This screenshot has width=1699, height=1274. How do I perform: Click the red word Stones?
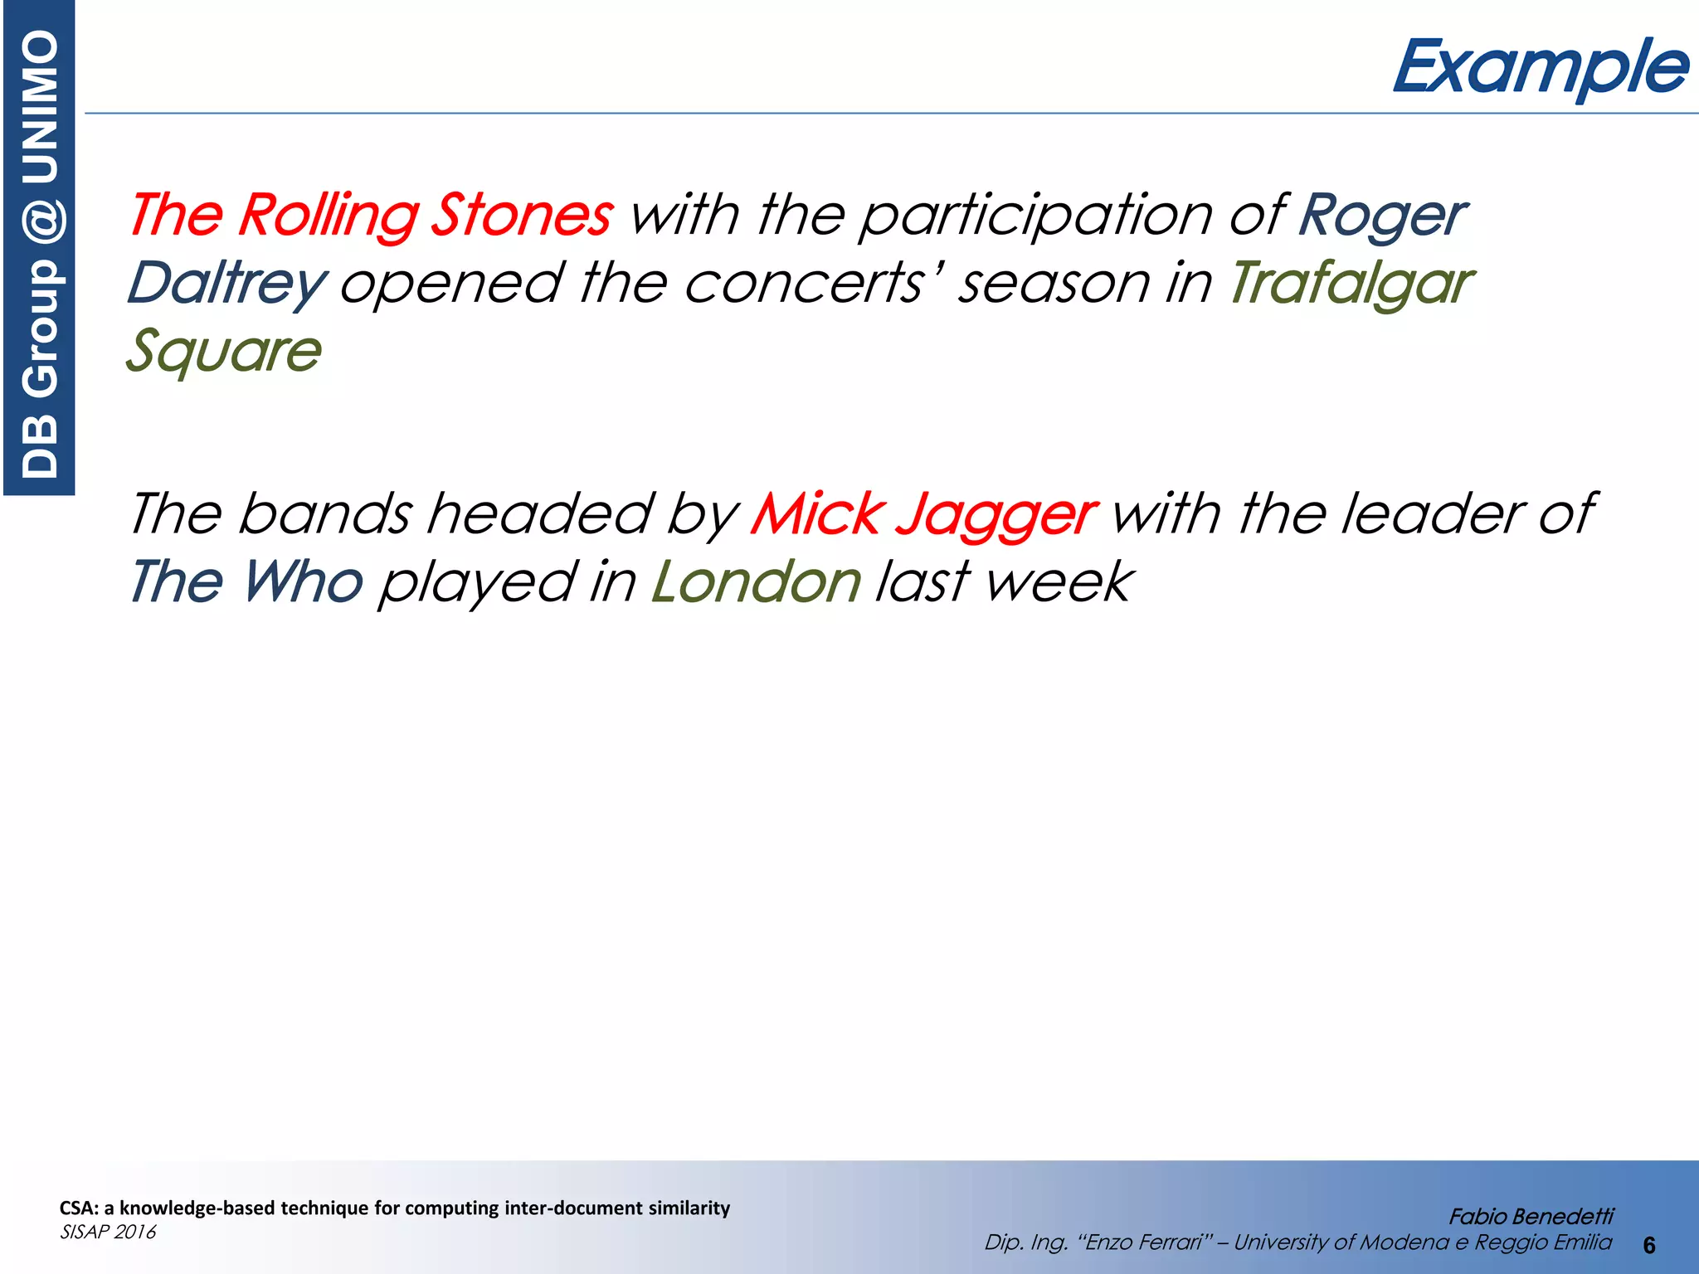point(522,215)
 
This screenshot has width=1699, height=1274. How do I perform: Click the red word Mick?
point(818,513)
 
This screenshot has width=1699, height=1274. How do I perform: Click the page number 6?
point(1648,1245)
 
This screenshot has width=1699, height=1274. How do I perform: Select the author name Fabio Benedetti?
point(1531,1216)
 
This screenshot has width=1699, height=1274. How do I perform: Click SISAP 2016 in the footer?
point(108,1232)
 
